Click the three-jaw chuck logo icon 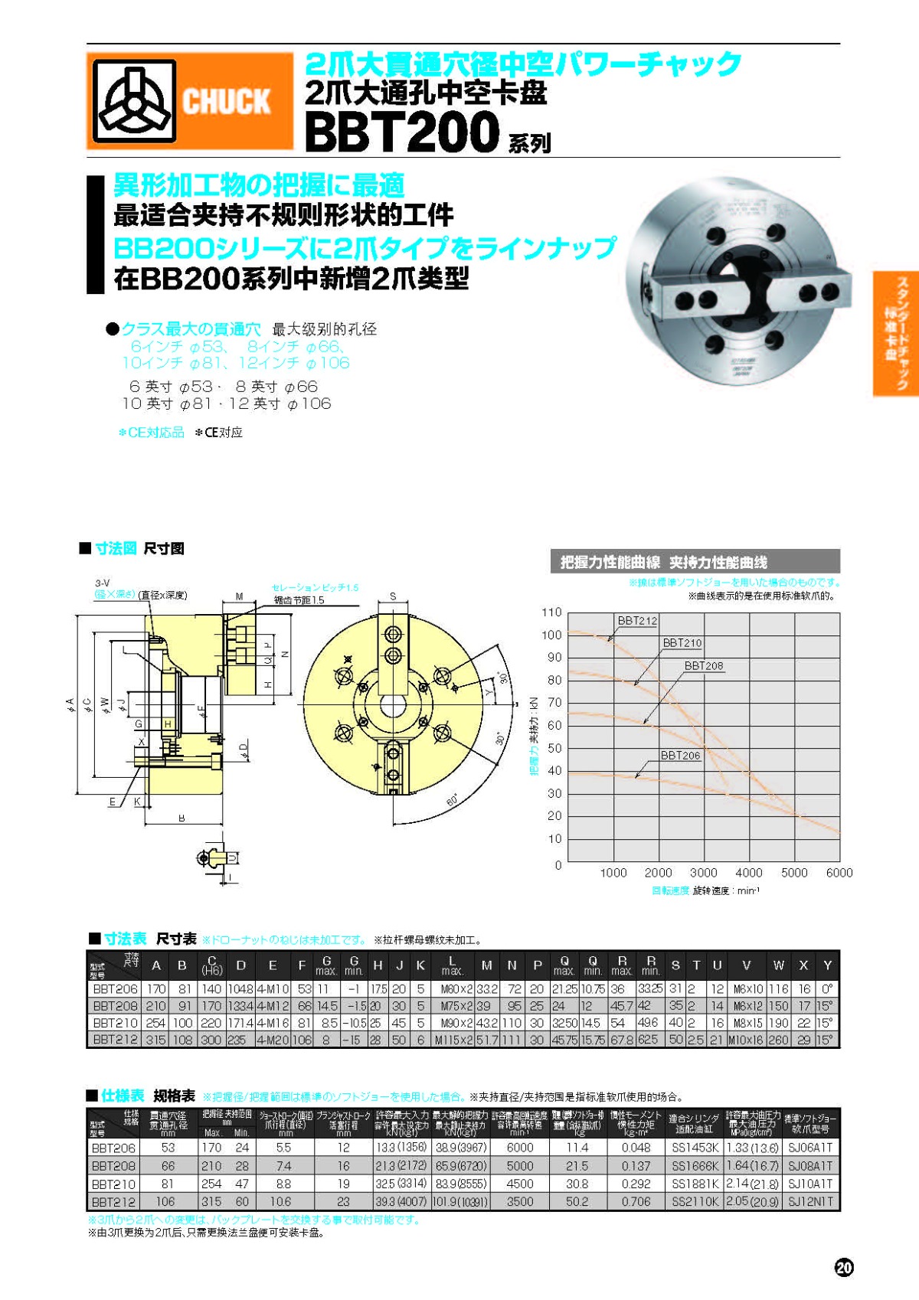pos(134,101)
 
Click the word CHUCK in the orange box pos(226,101)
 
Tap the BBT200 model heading pos(402,132)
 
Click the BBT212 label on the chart pos(637,621)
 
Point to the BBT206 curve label pos(680,755)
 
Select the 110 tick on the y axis pos(551,612)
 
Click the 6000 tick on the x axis pos(839,873)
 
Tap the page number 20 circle pos(843,1267)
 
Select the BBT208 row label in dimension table pos(115,1006)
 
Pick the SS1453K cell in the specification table pos(695,1148)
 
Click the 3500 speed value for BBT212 pos(519,1201)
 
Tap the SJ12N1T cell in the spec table pos(809,1201)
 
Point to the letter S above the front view pos(393,596)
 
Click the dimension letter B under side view pos(182,818)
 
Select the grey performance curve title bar pos(695,562)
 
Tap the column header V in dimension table pos(746,965)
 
